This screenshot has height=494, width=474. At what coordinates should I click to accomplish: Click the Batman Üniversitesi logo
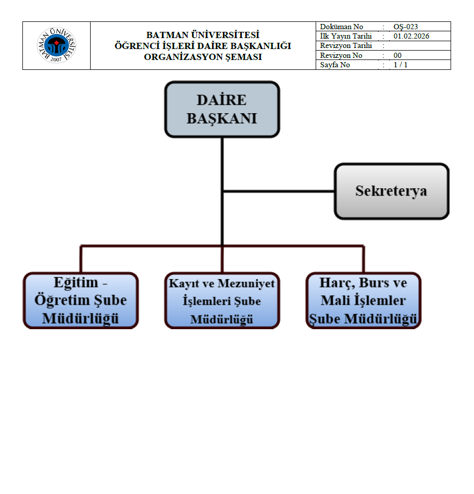point(56,45)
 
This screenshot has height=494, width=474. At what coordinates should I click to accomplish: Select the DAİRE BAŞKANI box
point(222,109)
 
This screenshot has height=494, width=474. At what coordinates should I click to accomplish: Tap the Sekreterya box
point(391,191)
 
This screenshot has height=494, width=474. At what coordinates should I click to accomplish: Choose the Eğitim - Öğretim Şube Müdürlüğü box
point(81,300)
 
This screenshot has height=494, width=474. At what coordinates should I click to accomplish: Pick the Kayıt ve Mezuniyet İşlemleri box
point(222,300)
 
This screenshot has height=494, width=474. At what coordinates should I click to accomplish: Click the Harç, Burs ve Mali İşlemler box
point(364,300)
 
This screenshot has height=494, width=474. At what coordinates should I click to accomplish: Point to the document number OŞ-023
point(406,27)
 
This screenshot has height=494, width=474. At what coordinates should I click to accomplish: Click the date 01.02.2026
point(411,36)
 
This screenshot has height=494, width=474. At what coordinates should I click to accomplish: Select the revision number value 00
point(397,55)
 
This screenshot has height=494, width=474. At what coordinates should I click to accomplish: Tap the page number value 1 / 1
point(401,65)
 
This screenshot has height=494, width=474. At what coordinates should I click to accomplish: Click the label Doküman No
point(342,27)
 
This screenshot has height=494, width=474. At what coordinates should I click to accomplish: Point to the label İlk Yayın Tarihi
point(346,36)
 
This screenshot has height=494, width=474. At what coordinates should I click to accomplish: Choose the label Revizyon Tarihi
point(345,46)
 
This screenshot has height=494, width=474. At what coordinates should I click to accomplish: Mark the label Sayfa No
point(335,65)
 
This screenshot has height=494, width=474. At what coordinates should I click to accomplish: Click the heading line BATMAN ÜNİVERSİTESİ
point(203,35)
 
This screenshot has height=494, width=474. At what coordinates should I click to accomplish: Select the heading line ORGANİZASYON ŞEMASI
point(203,57)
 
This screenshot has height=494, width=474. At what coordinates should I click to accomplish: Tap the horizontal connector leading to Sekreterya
point(279,191)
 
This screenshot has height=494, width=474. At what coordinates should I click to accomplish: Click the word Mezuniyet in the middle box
point(245,284)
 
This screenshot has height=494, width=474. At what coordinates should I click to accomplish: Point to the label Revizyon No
point(341,55)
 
